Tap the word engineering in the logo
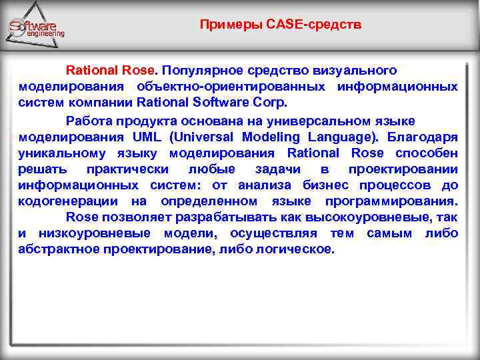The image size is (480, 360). click(x=45, y=33)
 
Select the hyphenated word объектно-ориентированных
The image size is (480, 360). click(x=231, y=87)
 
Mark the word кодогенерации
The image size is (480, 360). click(x=69, y=201)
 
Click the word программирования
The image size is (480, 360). click(x=391, y=201)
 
